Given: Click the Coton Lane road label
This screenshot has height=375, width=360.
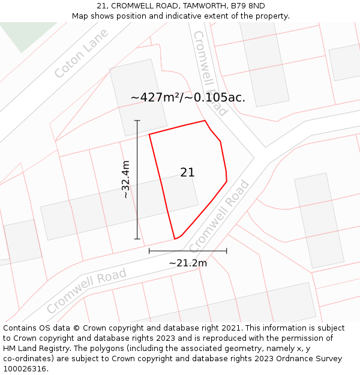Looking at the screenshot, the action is coord(82,53).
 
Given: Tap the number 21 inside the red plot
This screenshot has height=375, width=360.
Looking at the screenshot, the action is coord(187,172).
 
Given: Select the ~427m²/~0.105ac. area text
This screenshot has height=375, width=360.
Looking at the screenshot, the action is coord(188,97).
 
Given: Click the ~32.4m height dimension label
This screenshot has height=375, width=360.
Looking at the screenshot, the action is coord(125,179).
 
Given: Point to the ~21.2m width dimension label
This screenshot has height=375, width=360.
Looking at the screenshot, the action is coord(188,263).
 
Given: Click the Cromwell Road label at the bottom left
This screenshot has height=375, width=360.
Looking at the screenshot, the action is coord(86,291).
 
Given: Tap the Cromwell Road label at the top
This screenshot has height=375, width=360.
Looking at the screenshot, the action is coord(210,73).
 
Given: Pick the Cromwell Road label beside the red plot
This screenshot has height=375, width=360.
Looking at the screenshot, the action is coord(219,215).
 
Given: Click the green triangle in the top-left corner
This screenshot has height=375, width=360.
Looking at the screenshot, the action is coord(24,34).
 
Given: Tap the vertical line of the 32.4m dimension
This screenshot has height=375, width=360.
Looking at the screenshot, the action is coord(137,180).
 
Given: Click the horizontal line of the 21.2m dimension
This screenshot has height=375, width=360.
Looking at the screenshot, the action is coord(188,251).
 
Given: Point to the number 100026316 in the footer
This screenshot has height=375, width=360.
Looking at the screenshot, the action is coord(25,369).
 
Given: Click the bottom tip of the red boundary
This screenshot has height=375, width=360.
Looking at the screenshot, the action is coord(175,239).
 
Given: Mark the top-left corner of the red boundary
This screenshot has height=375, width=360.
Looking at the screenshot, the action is coord(149,134).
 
